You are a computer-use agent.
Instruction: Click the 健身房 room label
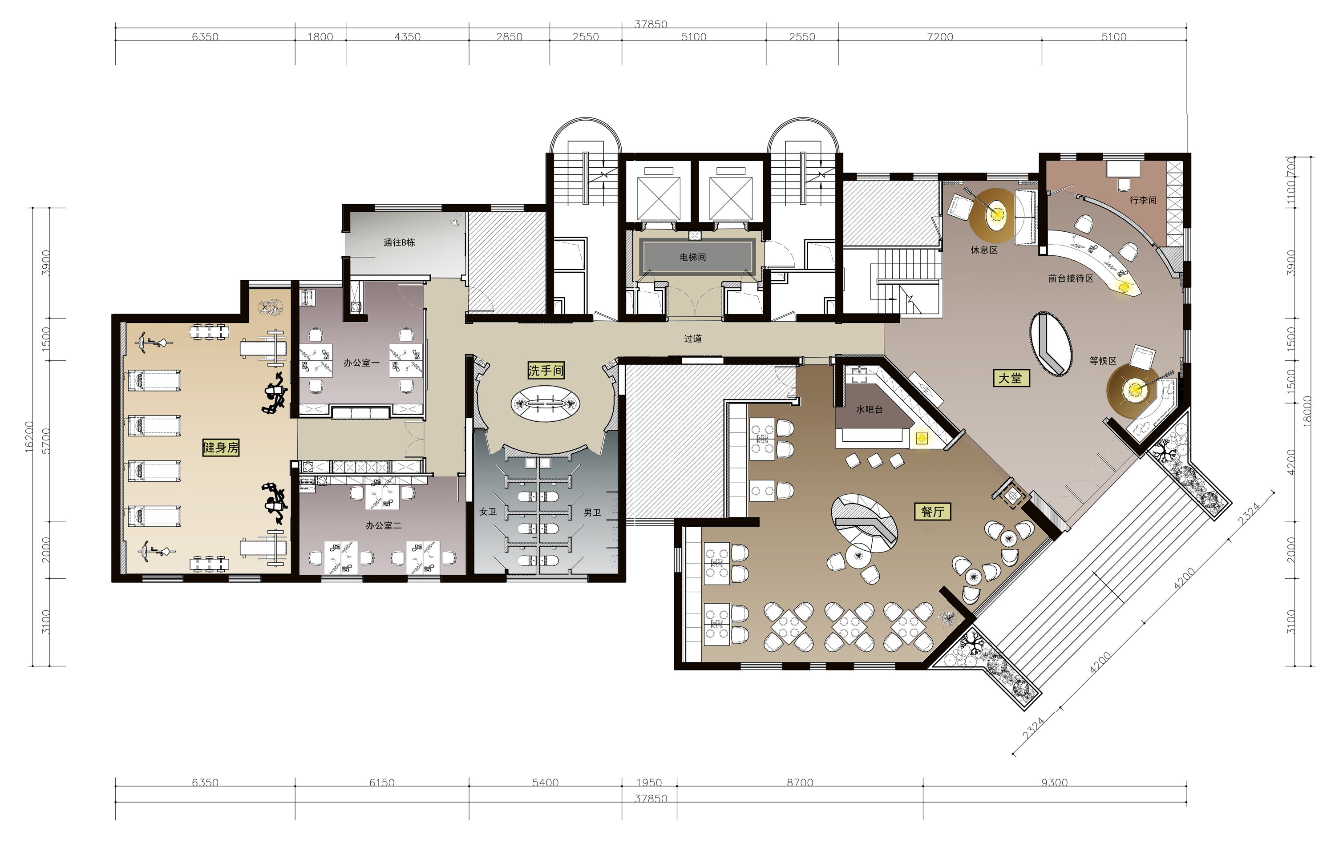click(x=221, y=447)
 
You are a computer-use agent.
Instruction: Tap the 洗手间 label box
click(x=546, y=370)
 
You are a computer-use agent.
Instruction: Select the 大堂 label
click(x=1011, y=378)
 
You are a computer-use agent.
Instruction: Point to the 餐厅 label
click(x=932, y=512)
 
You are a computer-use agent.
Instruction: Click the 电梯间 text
click(x=692, y=257)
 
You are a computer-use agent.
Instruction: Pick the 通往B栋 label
click(x=399, y=242)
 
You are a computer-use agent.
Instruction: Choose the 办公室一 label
click(x=361, y=363)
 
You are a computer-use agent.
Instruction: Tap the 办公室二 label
click(x=383, y=525)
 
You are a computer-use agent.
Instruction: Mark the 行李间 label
click(x=1143, y=200)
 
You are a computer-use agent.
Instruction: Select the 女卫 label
click(x=488, y=512)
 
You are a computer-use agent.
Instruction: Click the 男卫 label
click(x=592, y=512)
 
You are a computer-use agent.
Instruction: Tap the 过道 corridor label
click(x=692, y=338)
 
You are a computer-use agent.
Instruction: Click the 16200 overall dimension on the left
click(x=29, y=437)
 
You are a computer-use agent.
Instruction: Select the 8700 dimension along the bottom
click(x=800, y=782)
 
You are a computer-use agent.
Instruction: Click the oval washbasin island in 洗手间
click(x=546, y=403)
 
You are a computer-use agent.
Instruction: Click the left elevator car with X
click(x=659, y=198)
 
